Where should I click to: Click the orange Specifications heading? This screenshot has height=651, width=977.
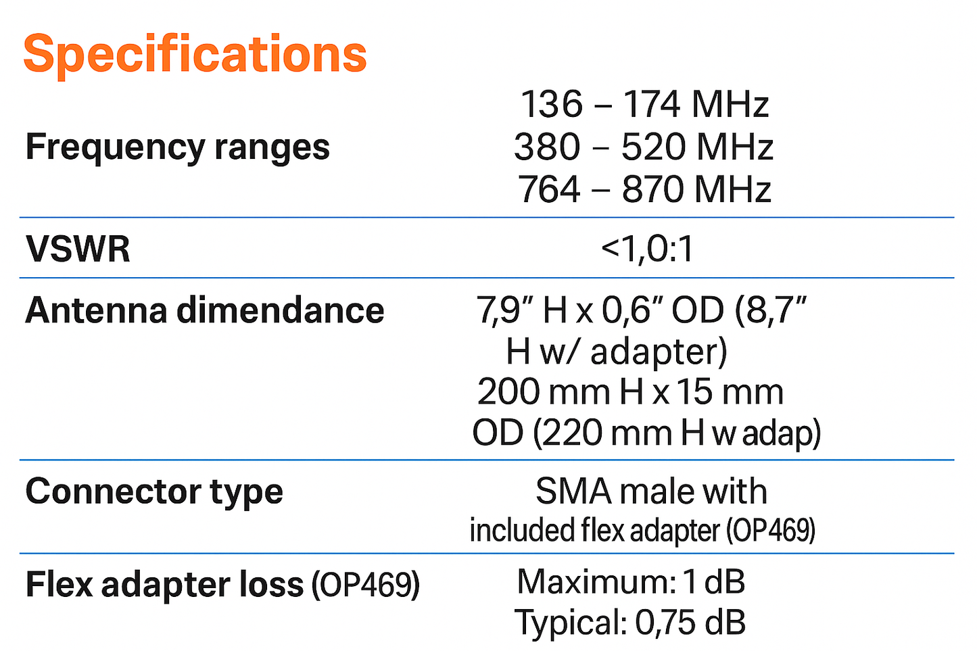click(195, 54)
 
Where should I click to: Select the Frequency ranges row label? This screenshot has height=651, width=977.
click(177, 147)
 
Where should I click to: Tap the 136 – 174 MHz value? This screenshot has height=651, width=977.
click(644, 105)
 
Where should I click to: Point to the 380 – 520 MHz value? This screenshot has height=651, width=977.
click(643, 147)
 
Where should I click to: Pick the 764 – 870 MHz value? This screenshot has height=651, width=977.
click(644, 189)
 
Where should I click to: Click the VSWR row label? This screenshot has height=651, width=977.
click(78, 249)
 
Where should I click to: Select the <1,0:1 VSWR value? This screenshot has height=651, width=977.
click(647, 249)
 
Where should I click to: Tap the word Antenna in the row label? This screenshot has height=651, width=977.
click(95, 310)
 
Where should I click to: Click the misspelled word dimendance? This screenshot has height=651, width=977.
click(281, 310)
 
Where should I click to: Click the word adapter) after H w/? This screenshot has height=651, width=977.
click(659, 352)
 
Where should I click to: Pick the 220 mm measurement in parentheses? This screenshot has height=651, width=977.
click(604, 433)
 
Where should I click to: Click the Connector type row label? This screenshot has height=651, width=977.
click(154, 491)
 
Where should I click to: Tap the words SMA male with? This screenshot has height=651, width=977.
click(651, 491)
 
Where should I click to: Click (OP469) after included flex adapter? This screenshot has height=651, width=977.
click(771, 531)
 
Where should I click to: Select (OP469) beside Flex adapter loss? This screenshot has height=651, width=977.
click(365, 585)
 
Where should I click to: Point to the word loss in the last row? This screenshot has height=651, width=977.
click(271, 585)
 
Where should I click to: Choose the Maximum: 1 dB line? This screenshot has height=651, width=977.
click(631, 581)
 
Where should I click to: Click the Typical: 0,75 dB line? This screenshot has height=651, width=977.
click(630, 623)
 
